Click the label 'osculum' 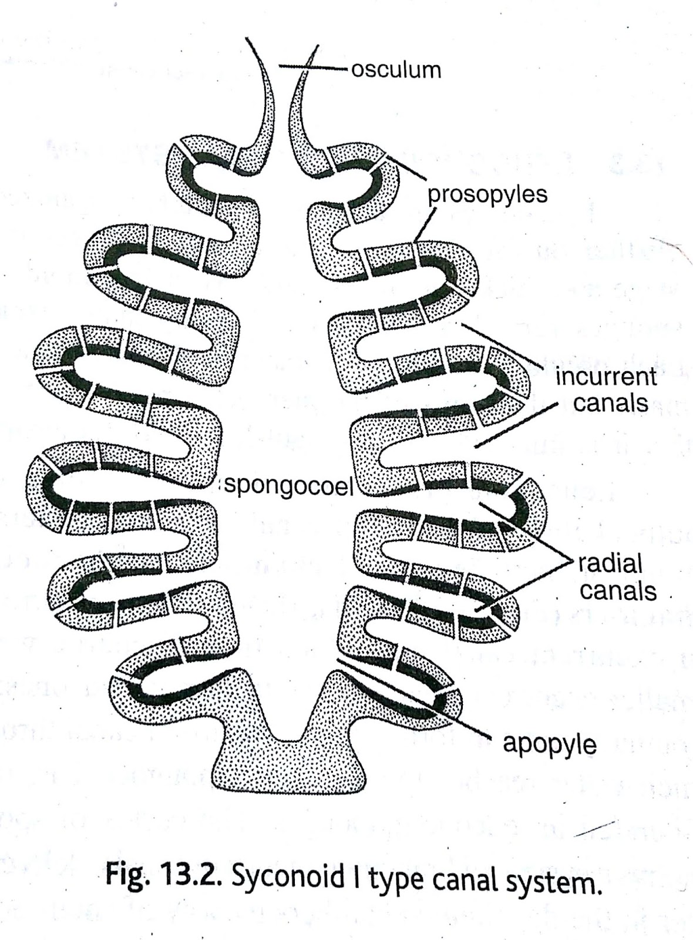(x=396, y=70)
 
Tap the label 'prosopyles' (x=487, y=194)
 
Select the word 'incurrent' (x=606, y=377)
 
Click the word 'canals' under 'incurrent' (x=611, y=403)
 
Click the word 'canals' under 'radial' (x=618, y=591)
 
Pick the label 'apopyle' (x=549, y=744)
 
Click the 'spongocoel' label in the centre (x=288, y=487)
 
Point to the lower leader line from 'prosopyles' (x=425, y=223)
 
